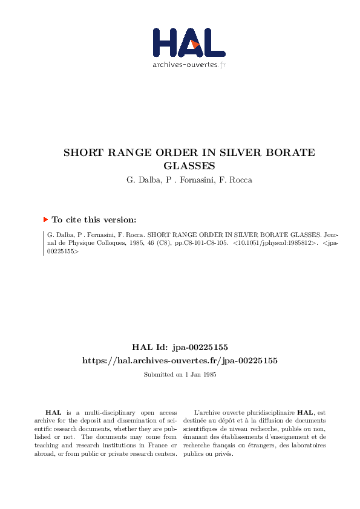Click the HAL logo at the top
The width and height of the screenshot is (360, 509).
pos(188,43)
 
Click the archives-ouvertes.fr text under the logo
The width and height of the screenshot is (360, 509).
pos(189,64)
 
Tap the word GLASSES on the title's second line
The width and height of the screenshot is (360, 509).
pos(189,165)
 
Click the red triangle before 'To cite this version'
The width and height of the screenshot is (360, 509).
pos(45,220)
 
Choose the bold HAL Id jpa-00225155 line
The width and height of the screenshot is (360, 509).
pos(180,347)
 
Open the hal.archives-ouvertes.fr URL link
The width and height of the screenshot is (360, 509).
pos(180,360)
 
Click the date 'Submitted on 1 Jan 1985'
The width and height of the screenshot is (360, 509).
pos(180,375)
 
